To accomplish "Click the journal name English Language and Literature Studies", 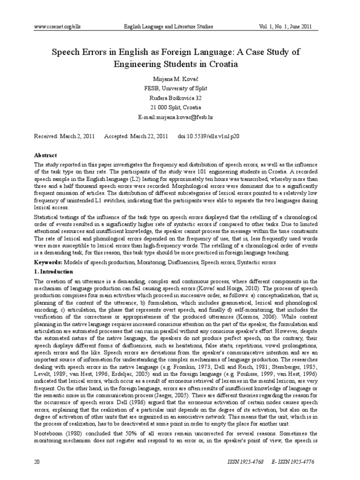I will pos(168,27).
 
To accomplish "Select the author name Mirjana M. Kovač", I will pos(180,79).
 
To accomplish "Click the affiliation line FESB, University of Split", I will pos(180,89).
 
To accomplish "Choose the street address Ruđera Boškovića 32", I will pos(180,98).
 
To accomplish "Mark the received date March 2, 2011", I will pos(77,136).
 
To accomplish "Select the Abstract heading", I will pos(46,155).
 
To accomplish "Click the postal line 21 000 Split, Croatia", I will pos(180,107).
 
